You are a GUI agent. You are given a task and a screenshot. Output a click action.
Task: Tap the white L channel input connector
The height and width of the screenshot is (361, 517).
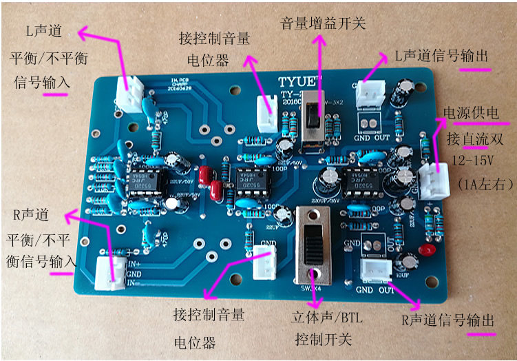click(129, 93)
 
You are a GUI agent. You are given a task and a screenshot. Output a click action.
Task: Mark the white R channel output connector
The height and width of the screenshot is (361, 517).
click(378, 274)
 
